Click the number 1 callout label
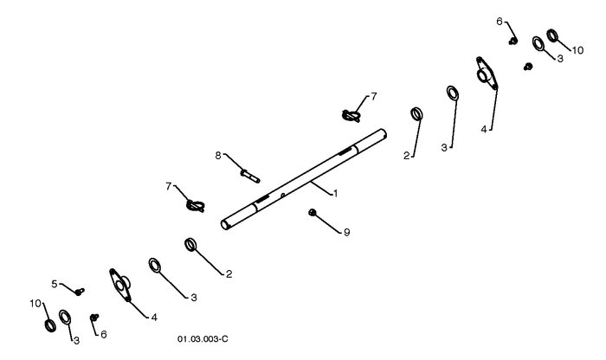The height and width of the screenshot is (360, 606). tap(336, 193)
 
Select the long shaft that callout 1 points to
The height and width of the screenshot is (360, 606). tap(304, 180)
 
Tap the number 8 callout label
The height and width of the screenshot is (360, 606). tap(218, 156)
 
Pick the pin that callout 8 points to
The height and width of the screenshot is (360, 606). tap(250, 176)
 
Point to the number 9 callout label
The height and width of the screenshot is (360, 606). tap(346, 232)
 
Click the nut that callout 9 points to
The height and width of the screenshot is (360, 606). tap(313, 212)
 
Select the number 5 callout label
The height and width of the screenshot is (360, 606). tap(55, 284)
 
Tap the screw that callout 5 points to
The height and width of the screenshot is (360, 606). tap(80, 292)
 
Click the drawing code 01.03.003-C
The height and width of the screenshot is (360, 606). tap(203, 339)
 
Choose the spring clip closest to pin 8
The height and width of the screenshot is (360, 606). tap(195, 205)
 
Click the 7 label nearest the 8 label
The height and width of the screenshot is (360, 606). tap(169, 187)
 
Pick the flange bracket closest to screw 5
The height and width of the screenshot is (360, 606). tap(120, 285)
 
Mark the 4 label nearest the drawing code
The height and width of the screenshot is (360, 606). tap(154, 318)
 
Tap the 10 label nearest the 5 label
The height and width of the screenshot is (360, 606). tap(35, 304)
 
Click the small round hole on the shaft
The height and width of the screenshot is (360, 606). tap(283, 195)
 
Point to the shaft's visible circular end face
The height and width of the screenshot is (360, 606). tap(224, 225)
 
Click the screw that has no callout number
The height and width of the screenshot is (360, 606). tap(528, 67)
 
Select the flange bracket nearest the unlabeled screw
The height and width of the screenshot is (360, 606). tap(487, 74)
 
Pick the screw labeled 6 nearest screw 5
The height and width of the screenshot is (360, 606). tap(94, 318)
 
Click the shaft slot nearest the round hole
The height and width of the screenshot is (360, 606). tap(261, 199)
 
